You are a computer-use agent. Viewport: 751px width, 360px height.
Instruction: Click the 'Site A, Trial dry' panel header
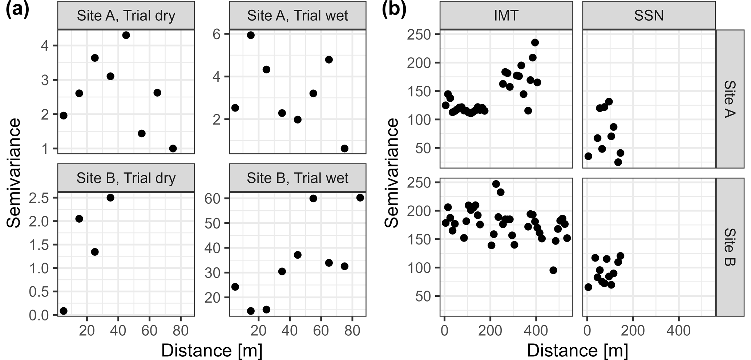click(126, 16)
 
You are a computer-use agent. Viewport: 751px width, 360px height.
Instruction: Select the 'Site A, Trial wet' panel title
click(297, 16)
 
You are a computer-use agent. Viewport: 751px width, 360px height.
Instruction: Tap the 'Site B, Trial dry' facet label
click(126, 178)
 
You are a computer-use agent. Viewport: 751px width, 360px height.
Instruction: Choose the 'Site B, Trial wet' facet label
click(297, 178)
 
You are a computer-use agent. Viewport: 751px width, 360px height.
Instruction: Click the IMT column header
click(506, 16)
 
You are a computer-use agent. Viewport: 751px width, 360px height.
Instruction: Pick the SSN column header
click(649, 16)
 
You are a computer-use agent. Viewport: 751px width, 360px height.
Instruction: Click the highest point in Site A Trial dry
click(126, 35)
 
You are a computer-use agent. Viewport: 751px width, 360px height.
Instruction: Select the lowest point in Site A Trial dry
click(173, 148)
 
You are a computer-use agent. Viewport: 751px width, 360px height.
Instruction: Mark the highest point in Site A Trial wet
click(250, 35)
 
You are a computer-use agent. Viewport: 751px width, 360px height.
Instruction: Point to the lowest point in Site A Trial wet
click(344, 148)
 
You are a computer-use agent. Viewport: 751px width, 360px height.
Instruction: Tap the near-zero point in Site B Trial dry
click(64, 311)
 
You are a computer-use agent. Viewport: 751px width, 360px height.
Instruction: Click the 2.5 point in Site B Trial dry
click(110, 198)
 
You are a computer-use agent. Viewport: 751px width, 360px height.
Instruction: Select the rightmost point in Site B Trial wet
click(360, 198)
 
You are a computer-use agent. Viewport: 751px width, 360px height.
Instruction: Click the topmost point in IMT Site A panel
click(535, 43)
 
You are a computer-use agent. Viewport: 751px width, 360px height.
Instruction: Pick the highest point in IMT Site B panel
click(496, 184)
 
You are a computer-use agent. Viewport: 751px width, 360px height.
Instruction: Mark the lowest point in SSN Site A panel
click(618, 162)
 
